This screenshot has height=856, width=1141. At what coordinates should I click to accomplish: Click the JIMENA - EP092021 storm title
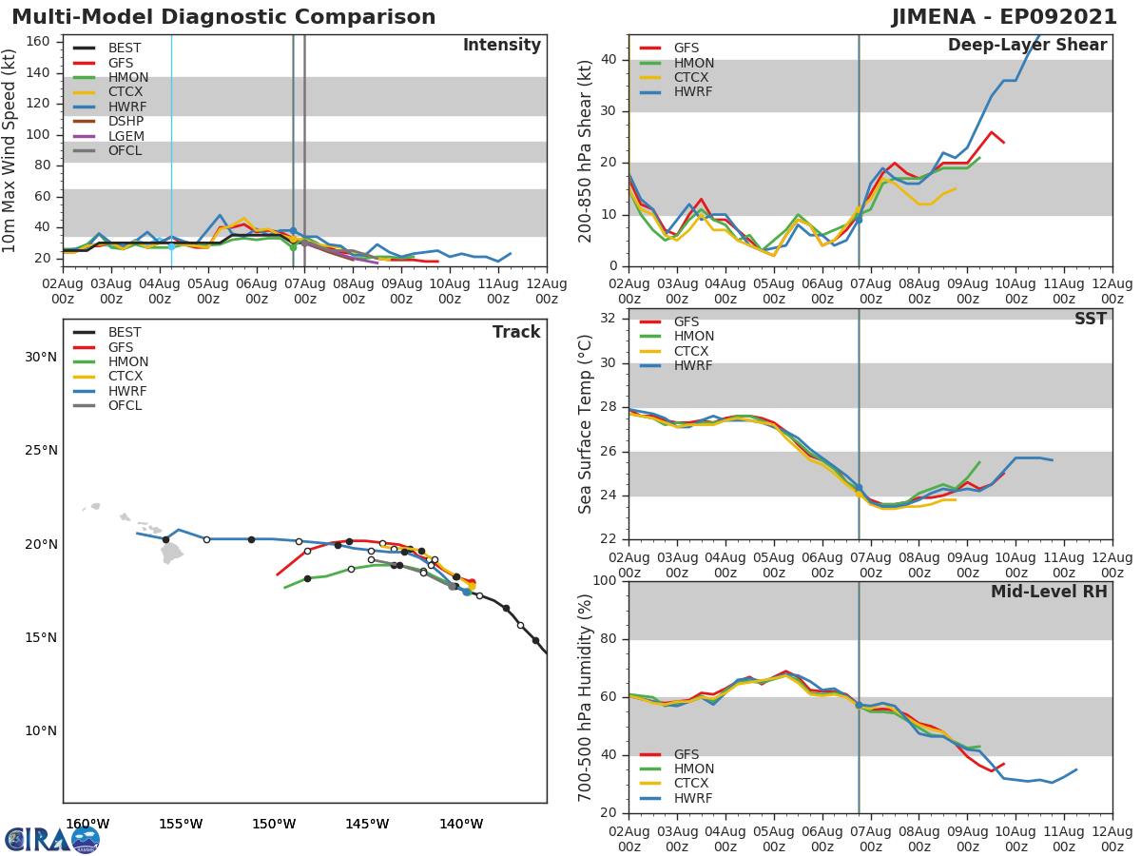tap(1011, 17)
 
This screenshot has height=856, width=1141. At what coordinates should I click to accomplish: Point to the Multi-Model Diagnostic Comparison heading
tap(223, 17)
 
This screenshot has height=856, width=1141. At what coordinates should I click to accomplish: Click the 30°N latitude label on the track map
tap(41, 358)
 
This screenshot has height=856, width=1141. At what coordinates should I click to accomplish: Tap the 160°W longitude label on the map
tap(87, 824)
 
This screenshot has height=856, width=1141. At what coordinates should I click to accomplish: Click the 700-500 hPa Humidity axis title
tap(586, 696)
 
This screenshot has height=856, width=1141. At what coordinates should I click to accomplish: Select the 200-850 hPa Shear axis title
tap(586, 150)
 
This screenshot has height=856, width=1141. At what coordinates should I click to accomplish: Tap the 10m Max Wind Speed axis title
tap(10, 150)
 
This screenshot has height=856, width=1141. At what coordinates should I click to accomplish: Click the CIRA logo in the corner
tap(52, 839)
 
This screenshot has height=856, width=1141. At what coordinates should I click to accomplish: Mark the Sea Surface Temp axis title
tap(586, 424)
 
